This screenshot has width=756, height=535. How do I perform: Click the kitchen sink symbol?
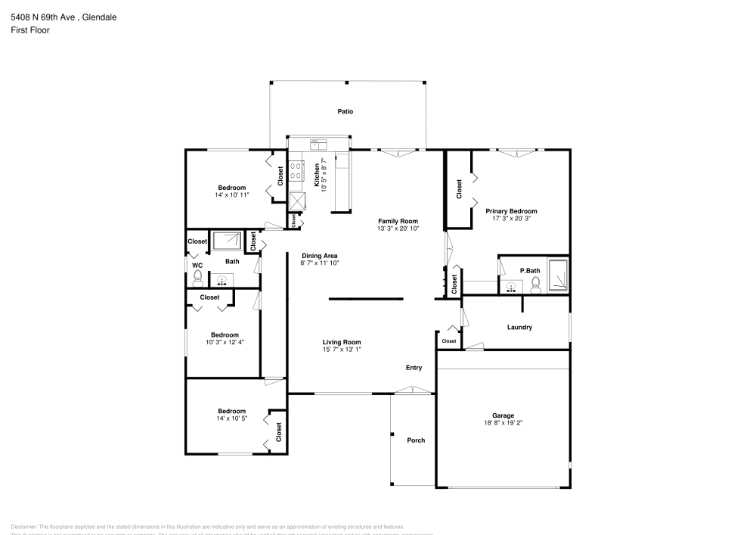point(317,145)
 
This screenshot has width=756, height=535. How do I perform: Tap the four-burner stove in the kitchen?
point(297,171)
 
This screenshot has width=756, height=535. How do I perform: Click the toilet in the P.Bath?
point(535,285)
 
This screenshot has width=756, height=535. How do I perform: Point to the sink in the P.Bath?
point(513,287)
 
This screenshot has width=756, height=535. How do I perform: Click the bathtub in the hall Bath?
point(227,241)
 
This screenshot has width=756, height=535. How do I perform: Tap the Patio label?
point(345,111)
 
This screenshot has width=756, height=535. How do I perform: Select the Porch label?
point(416,440)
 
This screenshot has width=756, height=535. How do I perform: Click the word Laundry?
point(520,328)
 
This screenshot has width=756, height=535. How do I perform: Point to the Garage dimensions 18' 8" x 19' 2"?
point(503,423)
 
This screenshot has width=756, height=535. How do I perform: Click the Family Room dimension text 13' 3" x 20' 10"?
point(398,228)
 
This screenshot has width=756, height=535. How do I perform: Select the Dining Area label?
point(319,256)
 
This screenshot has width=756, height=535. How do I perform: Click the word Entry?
point(414,368)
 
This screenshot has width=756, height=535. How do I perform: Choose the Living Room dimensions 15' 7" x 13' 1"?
point(342,349)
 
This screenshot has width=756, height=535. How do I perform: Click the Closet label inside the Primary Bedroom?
point(459,189)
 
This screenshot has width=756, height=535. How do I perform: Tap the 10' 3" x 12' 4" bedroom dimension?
point(225,342)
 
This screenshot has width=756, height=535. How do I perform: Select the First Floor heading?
point(30,30)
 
